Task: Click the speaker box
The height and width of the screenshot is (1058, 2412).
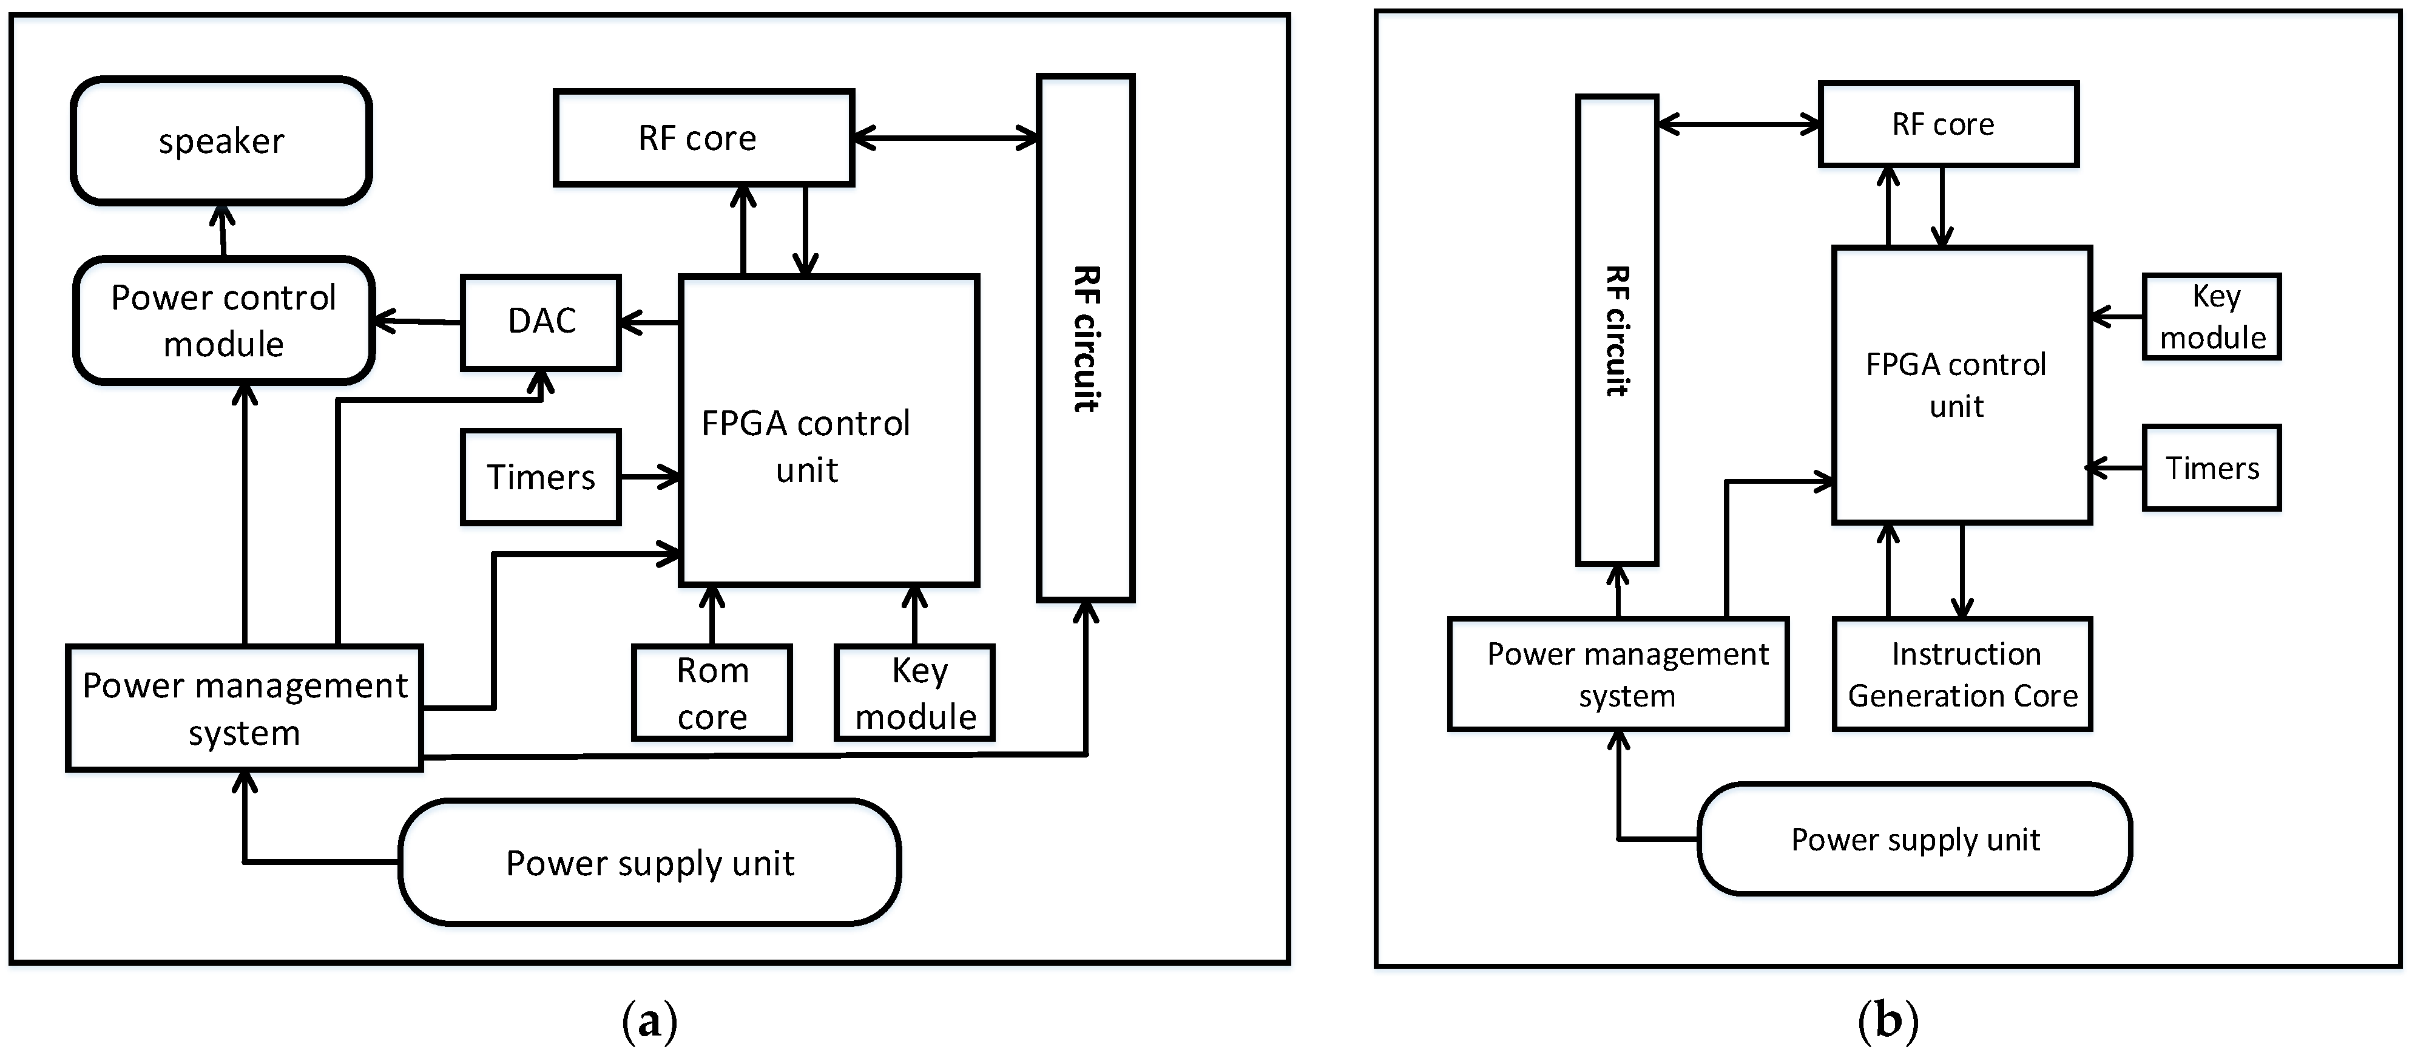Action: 222,140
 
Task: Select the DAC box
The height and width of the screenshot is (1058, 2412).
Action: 541,322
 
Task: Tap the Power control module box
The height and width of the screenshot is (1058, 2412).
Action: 224,320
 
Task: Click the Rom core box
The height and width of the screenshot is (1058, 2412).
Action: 712,693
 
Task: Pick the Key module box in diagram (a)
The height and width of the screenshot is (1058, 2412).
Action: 915,693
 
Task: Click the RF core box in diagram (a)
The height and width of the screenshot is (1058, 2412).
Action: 703,138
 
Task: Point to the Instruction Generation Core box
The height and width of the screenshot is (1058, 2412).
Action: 1962,674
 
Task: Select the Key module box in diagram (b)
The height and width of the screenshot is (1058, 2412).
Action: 2212,316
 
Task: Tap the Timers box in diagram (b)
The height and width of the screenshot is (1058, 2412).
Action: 2212,468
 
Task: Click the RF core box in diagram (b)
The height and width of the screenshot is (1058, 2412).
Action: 1948,124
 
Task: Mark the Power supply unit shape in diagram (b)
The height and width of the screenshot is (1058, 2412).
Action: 1915,839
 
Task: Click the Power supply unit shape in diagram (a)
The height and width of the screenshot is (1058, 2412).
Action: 650,863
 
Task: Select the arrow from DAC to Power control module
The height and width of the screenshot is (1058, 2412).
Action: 417,322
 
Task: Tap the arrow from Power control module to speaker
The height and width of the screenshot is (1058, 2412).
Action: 223,230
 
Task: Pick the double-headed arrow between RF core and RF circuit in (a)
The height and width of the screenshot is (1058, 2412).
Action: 946,138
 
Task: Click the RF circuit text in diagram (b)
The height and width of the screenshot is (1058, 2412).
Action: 1617,330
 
